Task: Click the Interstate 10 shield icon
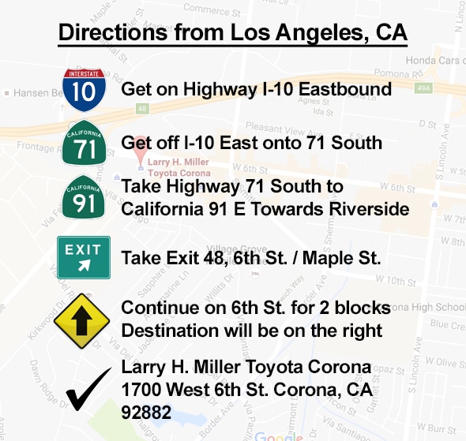pos(83,89)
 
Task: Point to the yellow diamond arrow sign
pos(83,319)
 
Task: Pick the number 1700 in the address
pos(143,389)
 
